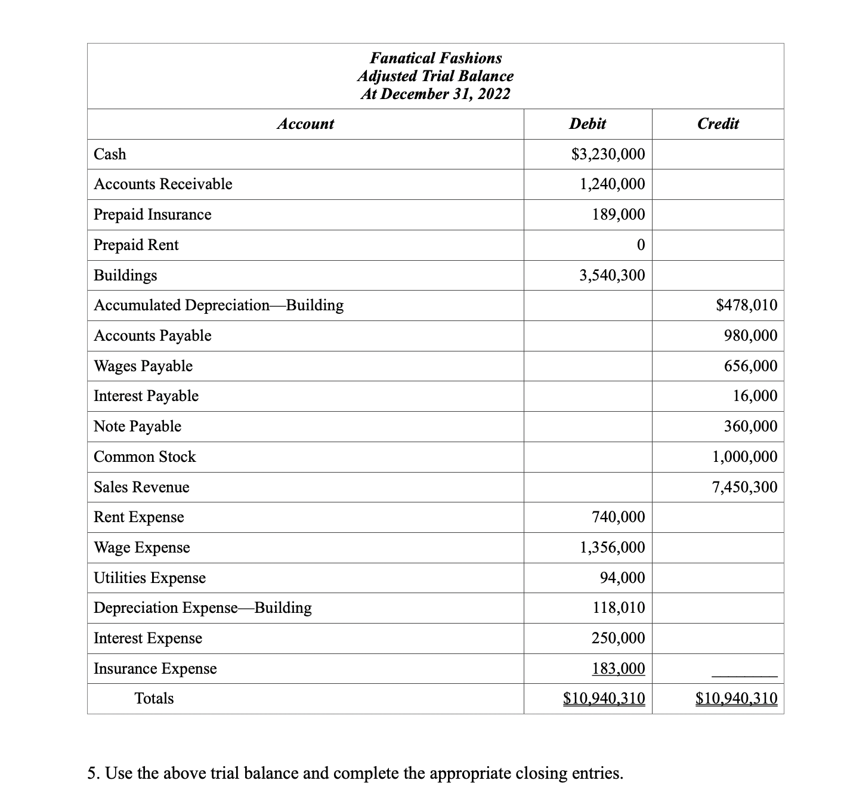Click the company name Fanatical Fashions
pos(435,58)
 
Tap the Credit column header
pos(718,124)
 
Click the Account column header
pos(305,124)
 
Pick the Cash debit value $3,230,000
pos(608,155)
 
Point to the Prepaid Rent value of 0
pos(640,245)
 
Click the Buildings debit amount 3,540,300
pos(612,276)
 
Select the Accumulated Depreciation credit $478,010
pos(746,306)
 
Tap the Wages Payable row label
pos(143,366)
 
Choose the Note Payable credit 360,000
pos(750,427)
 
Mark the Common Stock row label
pos(145,457)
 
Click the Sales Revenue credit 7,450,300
pos(744,488)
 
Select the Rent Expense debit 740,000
pos(618,517)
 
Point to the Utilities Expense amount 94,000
pos(622,578)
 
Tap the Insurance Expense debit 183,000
pos(618,668)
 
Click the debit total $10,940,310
pos(604,699)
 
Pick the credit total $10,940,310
pos(736,699)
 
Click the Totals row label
pos(154,699)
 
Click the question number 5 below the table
pos(92,774)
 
